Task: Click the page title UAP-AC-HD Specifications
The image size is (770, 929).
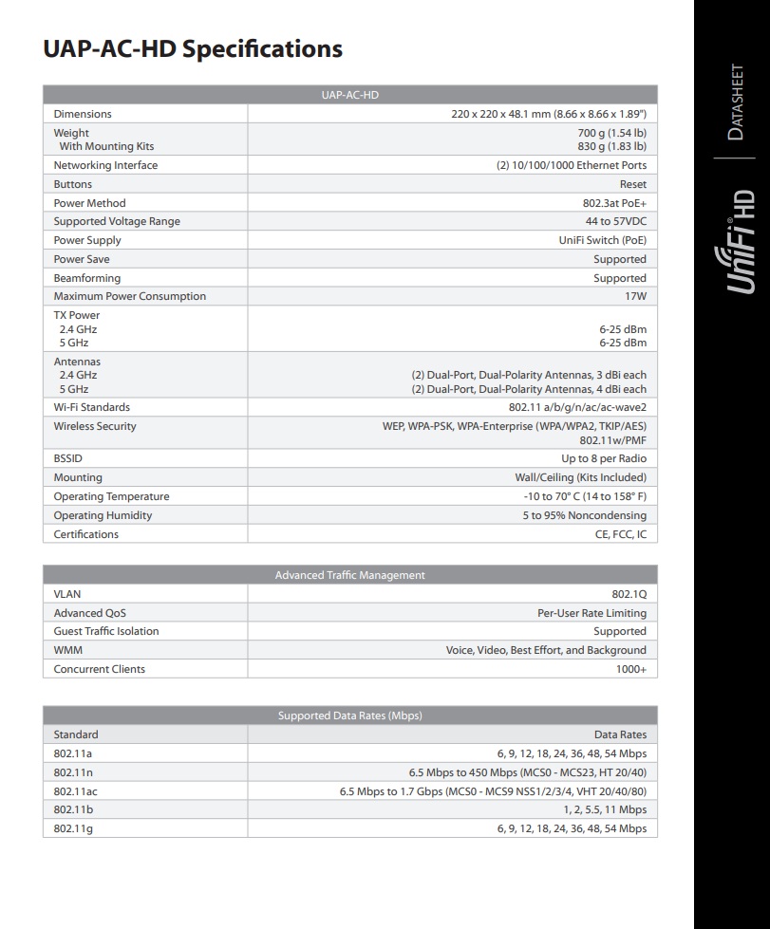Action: pos(193,48)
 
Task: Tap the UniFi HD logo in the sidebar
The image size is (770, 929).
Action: pos(742,241)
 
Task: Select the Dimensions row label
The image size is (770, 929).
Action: pos(83,114)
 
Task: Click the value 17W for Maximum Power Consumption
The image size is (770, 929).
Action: pos(635,296)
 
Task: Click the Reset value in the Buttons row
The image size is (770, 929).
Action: pos(632,184)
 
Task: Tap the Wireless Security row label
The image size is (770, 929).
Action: pos(95,426)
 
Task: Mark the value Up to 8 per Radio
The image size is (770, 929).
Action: pos(604,458)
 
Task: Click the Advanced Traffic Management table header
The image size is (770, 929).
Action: pos(350,575)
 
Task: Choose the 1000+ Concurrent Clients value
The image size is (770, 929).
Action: pos(630,669)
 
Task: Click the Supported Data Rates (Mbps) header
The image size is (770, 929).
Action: pos(350,715)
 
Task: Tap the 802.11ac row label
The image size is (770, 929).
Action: pos(75,790)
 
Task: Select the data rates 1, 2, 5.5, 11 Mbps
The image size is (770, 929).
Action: pos(605,809)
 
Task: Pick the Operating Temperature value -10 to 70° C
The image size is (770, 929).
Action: pos(585,496)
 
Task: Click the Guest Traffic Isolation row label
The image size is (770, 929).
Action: pos(106,631)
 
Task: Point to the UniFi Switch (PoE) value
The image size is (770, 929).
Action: pos(603,240)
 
